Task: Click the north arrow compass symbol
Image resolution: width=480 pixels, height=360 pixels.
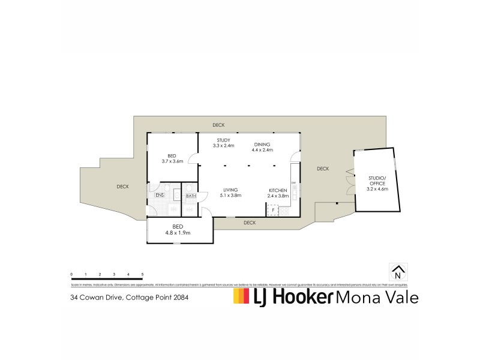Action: click(x=398, y=272)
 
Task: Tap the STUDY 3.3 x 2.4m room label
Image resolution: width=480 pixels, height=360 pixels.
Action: click(x=223, y=143)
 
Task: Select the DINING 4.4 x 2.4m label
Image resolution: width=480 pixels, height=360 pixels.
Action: click(x=262, y=147)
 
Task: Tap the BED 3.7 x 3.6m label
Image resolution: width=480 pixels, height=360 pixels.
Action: click(x=172, y=158)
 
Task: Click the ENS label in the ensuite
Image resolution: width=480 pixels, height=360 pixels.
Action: click(x=160, y=195)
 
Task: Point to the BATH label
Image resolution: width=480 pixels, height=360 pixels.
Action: click(x=191, y=196)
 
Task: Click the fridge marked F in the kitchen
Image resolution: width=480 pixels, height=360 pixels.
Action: click(x=273, y=210)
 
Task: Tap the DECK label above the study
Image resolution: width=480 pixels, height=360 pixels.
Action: click(x=218, y=125)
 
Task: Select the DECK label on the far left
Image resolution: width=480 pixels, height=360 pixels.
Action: click(x=122, y=187)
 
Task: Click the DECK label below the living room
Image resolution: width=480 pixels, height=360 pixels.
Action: click(x=250, y=223)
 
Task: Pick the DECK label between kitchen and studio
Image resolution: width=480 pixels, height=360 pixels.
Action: click(x=323, y=169)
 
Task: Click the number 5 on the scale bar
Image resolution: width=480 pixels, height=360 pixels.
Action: click(x=142, y=274)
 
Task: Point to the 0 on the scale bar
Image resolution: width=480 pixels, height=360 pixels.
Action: click(x=71, y=274)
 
